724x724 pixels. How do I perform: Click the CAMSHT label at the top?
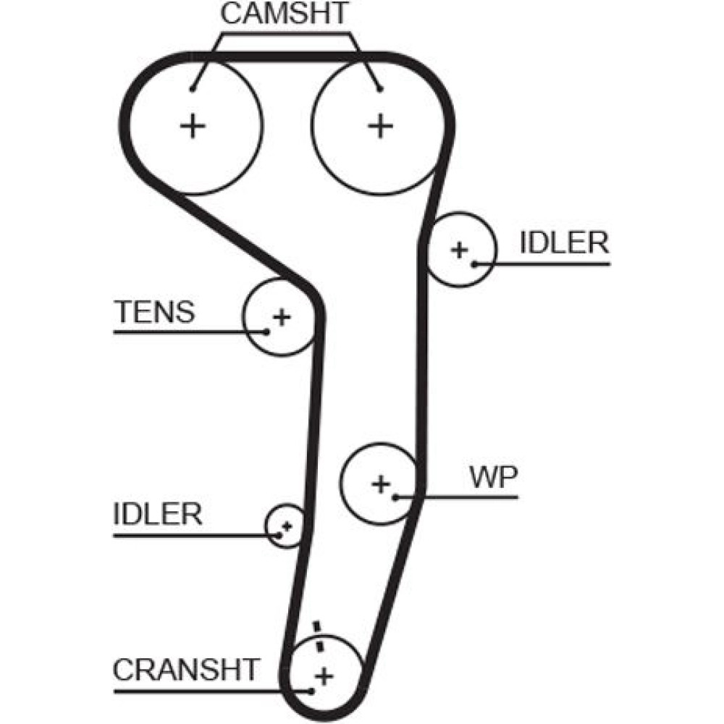click(285, 14)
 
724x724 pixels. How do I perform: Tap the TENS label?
click(155, 312)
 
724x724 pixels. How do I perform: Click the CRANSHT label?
click(185, 670)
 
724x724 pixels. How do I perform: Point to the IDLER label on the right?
click(564, 243)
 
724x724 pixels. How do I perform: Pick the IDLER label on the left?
click(157, 514)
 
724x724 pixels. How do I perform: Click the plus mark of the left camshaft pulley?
click(193, 127)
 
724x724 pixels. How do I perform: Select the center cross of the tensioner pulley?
click(281, 316)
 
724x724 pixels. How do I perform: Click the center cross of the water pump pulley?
click(380, 483)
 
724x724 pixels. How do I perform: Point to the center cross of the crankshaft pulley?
click(324, 676)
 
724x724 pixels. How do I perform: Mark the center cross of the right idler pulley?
click(458, 250)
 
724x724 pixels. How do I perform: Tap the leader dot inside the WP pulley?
click(395, 497)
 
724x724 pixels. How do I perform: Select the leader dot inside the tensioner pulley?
click(267, 332)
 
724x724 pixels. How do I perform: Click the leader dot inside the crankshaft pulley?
click(312, 690)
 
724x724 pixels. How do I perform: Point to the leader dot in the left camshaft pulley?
click(193, 89)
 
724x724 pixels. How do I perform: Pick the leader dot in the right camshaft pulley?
click(379, 89)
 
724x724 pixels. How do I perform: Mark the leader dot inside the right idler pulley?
click(473, 264)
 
